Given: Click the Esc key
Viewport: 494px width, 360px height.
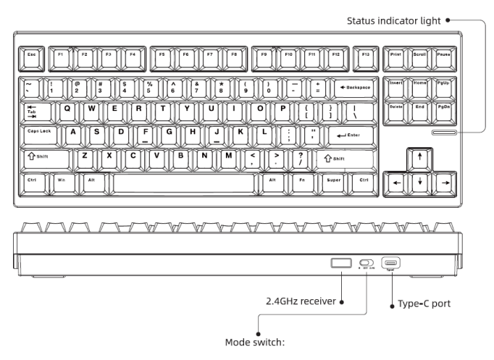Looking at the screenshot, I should coord(32,54).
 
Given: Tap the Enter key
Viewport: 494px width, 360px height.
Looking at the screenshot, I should coord(349,134).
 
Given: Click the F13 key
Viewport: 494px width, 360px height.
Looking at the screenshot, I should coord(365,54).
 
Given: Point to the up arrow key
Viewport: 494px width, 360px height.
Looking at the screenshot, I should coord(419,158).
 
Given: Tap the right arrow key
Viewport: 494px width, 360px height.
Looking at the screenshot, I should coord(445,182).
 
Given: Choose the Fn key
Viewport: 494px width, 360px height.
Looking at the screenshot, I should coord(304,180).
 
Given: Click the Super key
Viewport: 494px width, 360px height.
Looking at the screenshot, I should coord(334,180).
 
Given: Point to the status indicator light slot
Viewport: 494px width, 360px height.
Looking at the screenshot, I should coord(444,133).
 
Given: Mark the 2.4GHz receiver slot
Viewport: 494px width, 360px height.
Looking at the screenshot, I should coord(340,263).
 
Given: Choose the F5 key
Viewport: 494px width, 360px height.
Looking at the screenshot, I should coord(162,54).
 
